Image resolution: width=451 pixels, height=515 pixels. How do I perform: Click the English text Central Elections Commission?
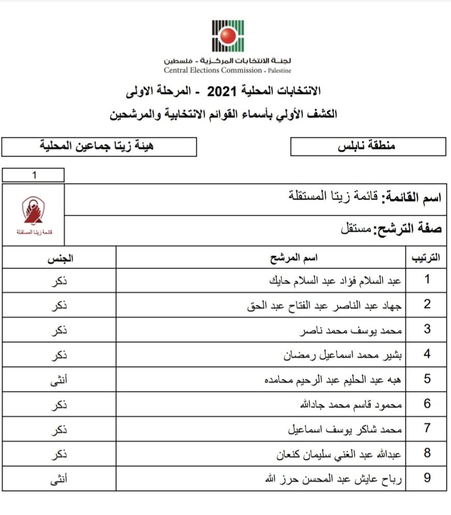[213, 71]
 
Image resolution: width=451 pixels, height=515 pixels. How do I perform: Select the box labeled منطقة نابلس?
[368, 146]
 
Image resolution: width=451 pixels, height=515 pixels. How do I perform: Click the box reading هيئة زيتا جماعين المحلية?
[98, 146]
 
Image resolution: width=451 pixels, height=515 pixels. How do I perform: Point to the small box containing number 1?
[33, 175]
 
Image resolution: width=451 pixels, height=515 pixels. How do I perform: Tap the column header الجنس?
[60, 258]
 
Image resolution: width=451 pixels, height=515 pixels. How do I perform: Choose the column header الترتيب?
[425, 258]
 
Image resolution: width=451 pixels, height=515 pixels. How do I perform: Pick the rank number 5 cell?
[427, 379]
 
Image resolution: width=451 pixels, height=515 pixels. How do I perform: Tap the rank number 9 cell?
[427, 479]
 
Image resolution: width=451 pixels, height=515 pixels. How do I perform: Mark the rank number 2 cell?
[427, 304]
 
